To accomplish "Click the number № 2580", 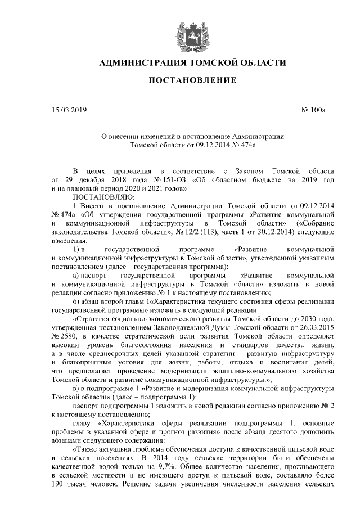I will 65,336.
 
